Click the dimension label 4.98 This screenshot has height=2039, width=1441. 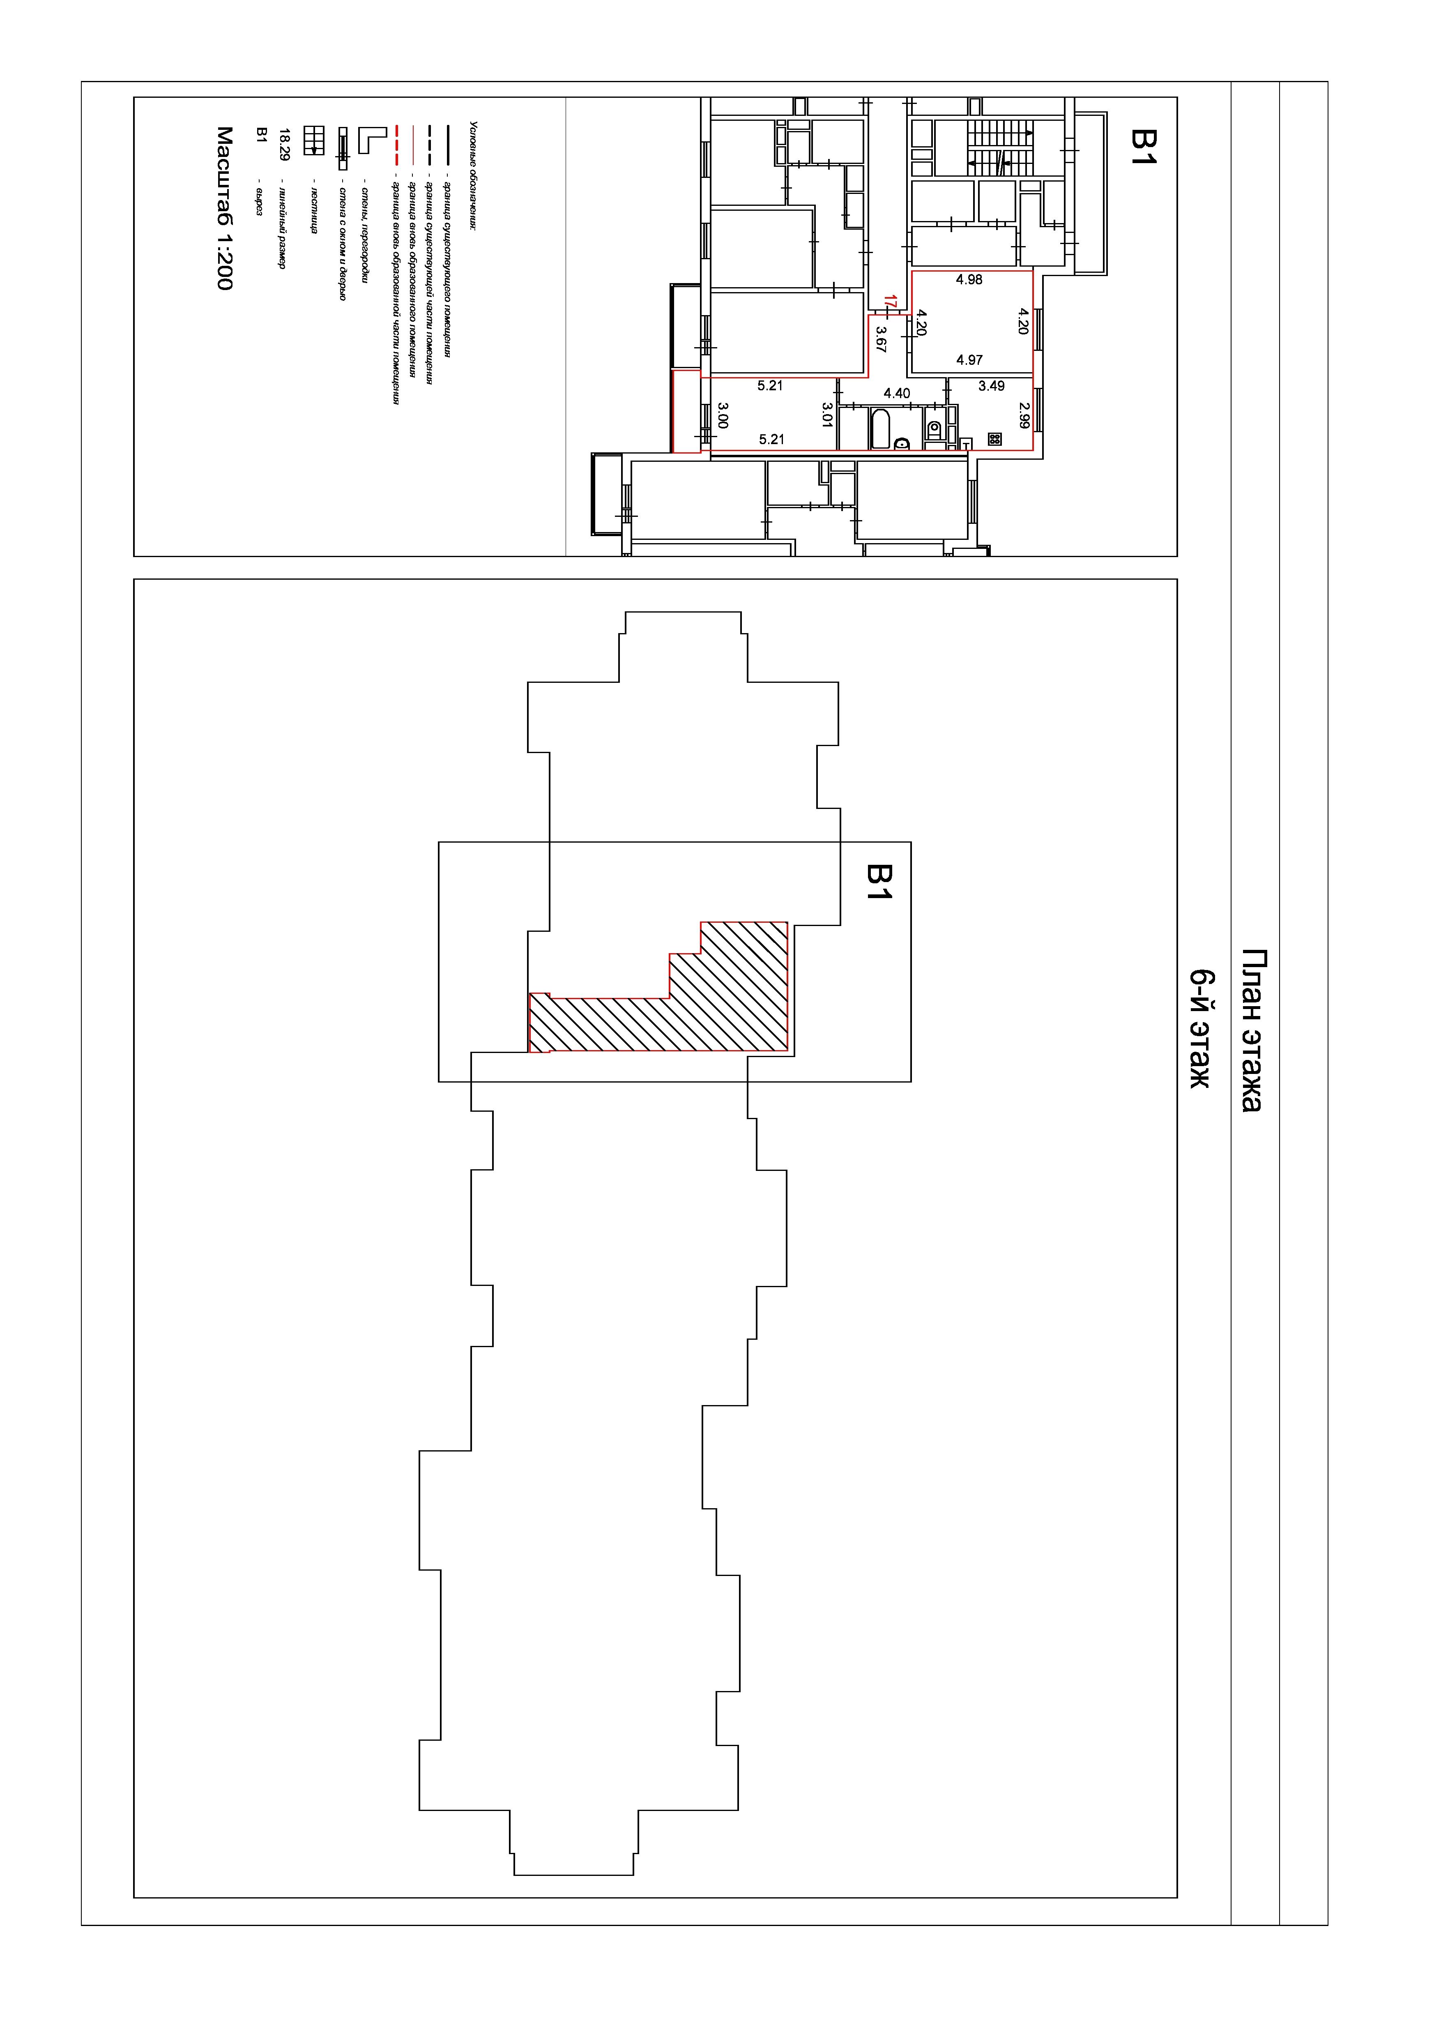969,280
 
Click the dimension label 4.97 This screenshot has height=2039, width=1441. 969,359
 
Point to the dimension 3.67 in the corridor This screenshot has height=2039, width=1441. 881,339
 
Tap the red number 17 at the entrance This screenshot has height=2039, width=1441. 891,302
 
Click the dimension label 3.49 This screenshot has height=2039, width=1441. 991,386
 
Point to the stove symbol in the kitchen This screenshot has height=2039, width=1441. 994,439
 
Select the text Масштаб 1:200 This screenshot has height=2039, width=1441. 225,208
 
